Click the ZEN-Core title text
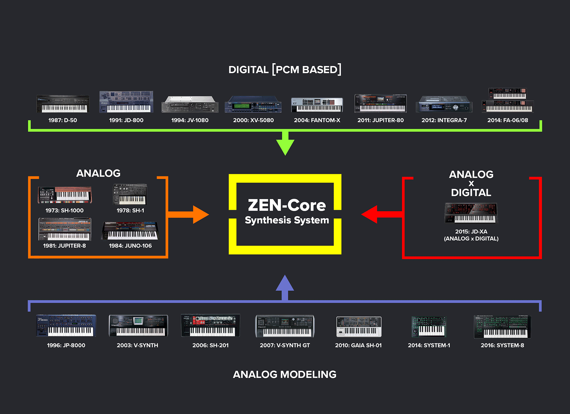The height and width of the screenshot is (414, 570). pos(287,205)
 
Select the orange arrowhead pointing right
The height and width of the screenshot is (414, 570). pos(200,214)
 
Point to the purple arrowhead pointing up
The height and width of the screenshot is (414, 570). pos(285,283)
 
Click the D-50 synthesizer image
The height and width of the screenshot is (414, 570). pos(63,104)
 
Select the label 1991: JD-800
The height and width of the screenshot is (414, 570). pos(126,120)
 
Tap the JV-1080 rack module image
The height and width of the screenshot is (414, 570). pos(190,104)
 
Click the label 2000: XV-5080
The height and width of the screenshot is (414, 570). pos(253,120)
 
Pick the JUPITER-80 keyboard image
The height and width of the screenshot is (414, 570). pos(380,103)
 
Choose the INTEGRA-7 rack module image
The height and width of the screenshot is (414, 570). pos(444,104)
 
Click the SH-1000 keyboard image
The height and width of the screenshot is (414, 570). pos(65,195)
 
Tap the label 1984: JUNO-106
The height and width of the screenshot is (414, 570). pos(130,246)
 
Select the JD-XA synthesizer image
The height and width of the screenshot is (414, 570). pos(471,213)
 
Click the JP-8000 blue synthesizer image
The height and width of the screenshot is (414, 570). pos(66,325)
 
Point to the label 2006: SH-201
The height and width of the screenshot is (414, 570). pos(211,345)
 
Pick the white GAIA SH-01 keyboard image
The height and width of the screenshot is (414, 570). pos(359,327)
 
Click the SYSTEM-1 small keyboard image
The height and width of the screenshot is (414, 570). pos(429,327)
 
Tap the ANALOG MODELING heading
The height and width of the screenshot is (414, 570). pos(285,375)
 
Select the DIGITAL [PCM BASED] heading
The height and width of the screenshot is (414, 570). pos(285,69)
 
